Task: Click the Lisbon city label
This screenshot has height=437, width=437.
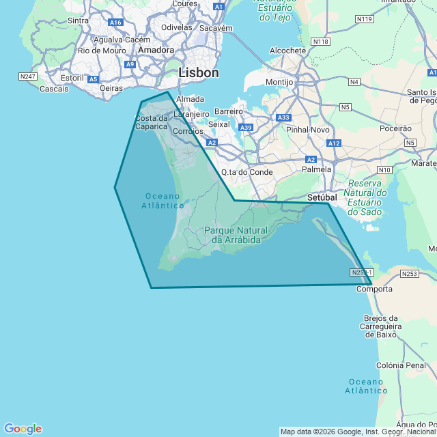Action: [199, 72]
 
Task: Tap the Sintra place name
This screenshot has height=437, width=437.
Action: [79, 20]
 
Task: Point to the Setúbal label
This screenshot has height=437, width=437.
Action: [323, 197]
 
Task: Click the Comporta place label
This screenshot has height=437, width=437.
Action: [375, 289]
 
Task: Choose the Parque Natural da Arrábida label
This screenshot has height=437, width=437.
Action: [236, 235]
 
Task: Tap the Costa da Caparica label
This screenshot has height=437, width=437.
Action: [152, 122]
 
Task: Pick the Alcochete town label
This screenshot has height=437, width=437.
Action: [287, 51]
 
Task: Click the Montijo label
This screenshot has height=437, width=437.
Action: [279, 82]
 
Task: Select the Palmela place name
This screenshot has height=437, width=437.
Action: [317, 169]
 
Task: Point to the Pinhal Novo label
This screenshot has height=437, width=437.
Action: [308, 129]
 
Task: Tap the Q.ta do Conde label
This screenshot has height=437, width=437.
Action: [247, 172]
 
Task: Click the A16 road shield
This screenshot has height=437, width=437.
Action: [115, 23]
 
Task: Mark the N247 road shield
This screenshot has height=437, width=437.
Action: [28, 76]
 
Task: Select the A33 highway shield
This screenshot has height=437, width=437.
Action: [284, 117]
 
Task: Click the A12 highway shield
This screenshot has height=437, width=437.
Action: [334, 143]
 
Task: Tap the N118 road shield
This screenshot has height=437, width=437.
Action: [320, 42]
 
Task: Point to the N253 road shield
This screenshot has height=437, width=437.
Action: [409, 274]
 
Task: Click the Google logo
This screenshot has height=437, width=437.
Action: [23, 428]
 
